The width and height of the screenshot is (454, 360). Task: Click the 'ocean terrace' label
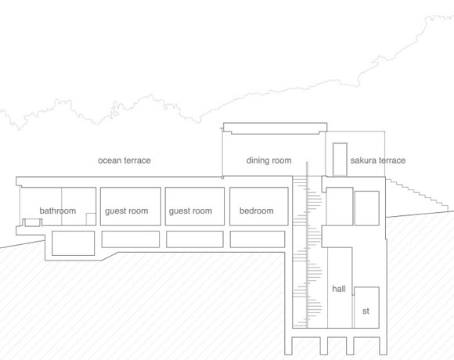[124, 160]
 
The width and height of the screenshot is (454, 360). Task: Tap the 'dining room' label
[268, 160]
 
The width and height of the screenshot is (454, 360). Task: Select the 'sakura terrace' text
[378, 160]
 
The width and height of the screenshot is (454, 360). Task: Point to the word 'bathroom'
[58, 211]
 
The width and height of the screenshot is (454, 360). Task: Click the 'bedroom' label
[256, 211]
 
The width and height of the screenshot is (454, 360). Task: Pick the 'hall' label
[339, 289]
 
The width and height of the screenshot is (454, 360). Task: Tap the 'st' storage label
[366, 311]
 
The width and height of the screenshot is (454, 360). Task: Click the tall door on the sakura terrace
[340, 160]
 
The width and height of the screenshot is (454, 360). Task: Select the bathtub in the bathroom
[32, 222]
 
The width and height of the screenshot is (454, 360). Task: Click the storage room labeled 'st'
[366, 308]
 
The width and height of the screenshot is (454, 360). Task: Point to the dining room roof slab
[275, 128]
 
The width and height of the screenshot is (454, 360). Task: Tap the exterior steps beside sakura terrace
[417, 195]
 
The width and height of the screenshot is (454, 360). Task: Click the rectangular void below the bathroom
[74, 243]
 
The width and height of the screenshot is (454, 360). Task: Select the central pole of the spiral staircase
[307, 245]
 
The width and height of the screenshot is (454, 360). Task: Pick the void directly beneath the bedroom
[258, 239]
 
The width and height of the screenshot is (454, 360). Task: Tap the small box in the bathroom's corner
[91, 219]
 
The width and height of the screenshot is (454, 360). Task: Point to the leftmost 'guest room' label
[127, 211]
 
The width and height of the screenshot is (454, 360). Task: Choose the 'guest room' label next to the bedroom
[190, 211]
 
